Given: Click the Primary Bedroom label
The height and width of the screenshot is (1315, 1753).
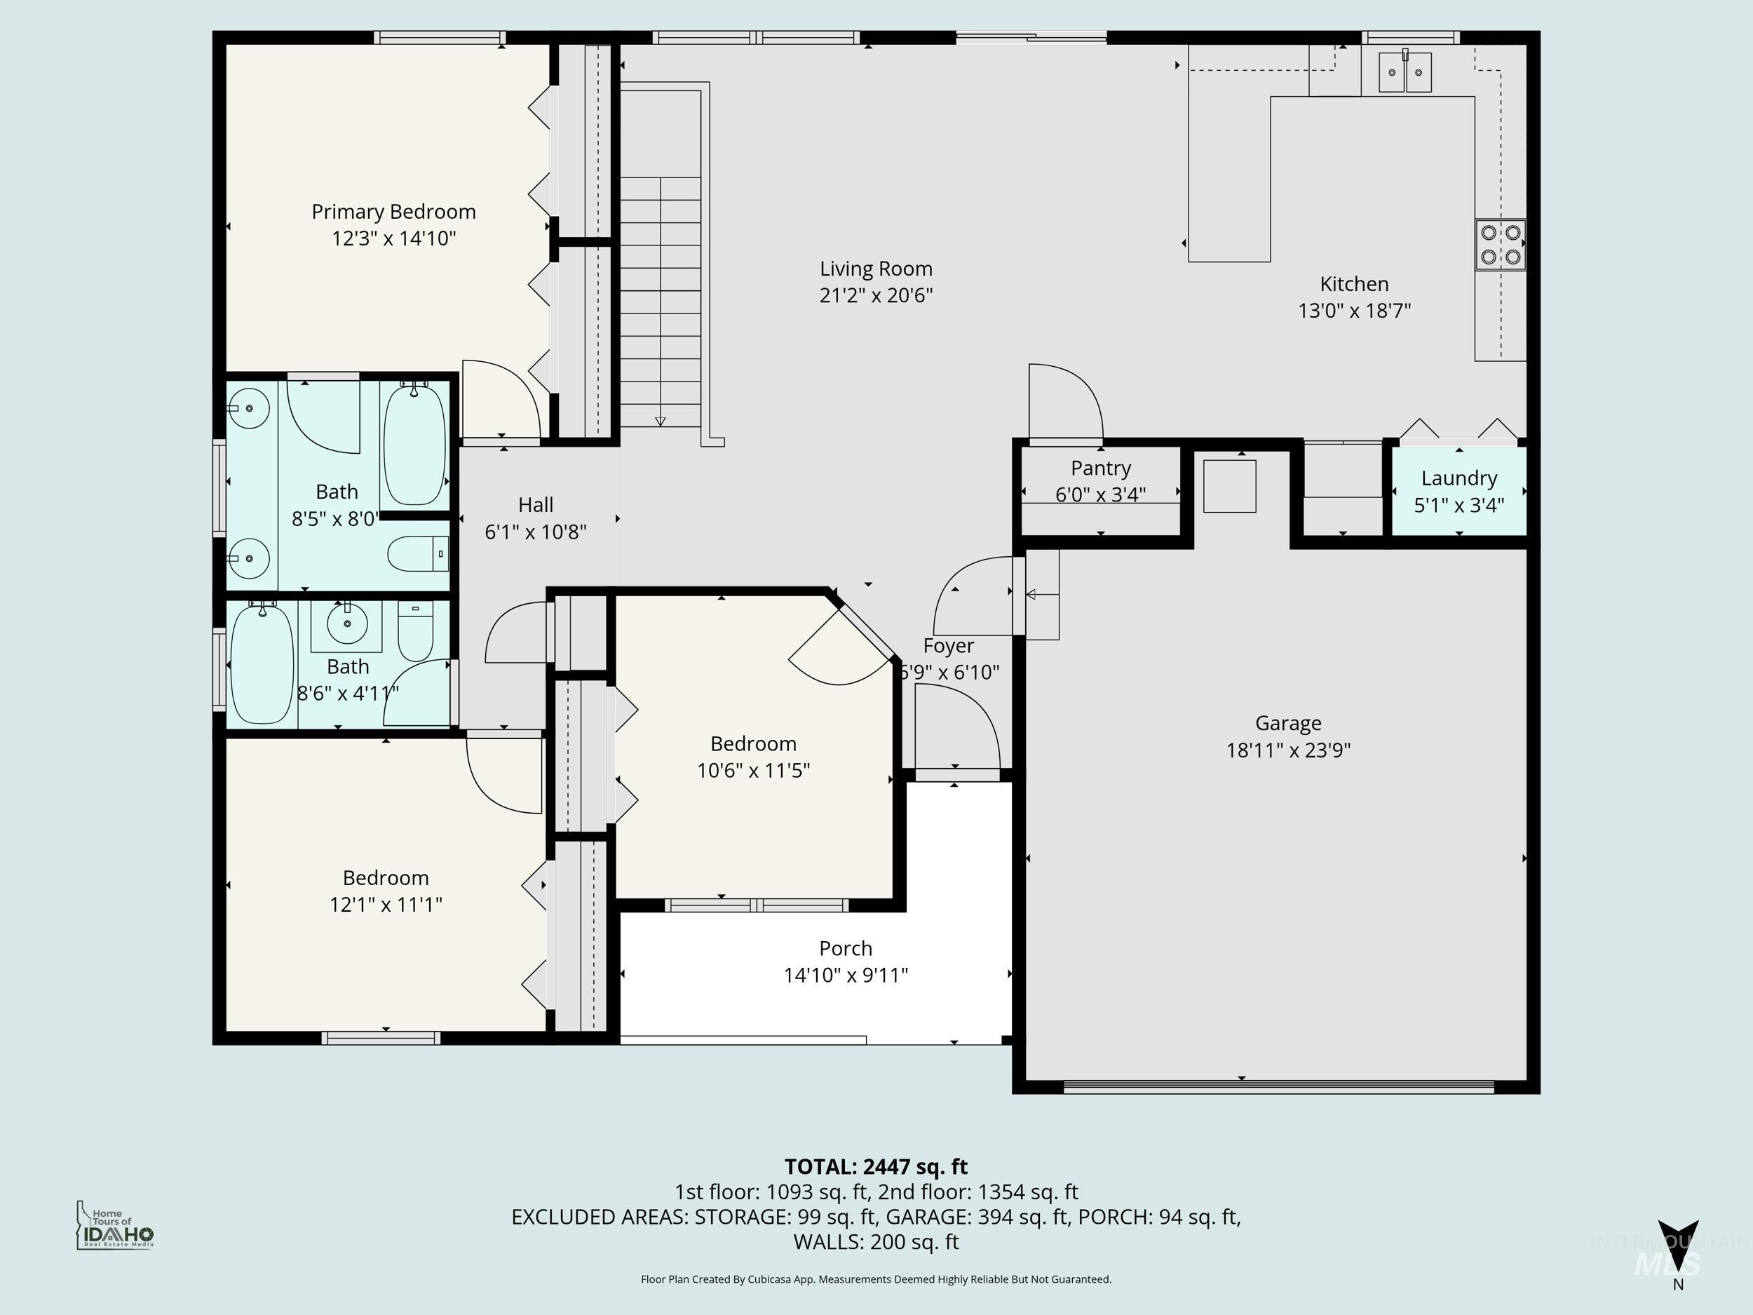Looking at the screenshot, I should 393,212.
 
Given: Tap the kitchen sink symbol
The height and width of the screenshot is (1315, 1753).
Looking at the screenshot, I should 1405,72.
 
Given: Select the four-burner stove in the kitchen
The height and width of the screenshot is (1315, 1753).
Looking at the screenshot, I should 1500,244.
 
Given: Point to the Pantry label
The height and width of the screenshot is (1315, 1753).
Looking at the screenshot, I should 1100,468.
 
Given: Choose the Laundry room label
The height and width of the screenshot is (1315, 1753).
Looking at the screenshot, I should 1458,478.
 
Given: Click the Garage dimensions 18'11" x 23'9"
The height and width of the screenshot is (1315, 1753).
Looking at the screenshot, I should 1288,750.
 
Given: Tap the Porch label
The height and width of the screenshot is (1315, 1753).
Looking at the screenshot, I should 845,948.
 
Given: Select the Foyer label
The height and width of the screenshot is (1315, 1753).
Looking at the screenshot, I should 948,646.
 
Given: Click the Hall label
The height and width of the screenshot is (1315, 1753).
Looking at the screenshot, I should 535,505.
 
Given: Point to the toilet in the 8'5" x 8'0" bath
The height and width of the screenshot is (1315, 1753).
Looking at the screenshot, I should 418,553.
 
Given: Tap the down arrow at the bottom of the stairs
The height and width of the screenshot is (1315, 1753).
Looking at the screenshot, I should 660,421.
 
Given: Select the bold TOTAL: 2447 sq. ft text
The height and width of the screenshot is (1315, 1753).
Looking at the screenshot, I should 876,1167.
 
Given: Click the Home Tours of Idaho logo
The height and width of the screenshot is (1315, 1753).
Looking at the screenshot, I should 115,1225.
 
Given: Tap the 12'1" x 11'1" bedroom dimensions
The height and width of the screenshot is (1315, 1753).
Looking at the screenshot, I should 385,905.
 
